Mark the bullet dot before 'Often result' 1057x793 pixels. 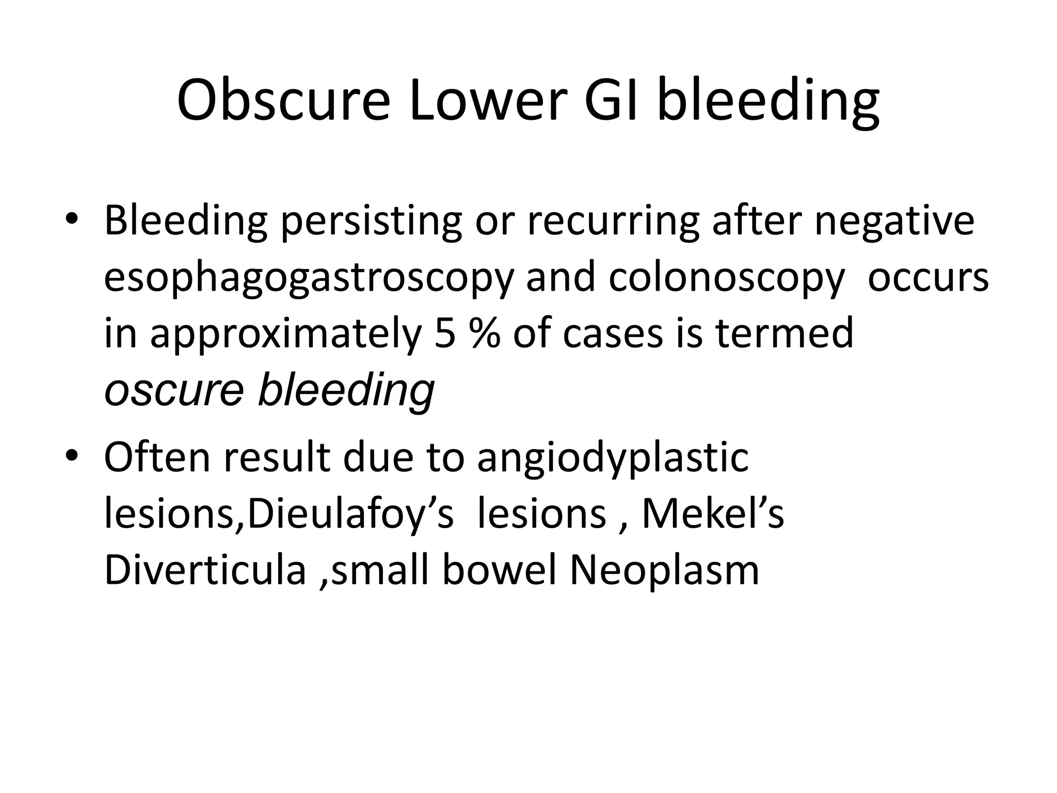tap(72, 455)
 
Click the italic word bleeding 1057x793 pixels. tap(346, 389)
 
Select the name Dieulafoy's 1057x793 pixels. tap(350, 514)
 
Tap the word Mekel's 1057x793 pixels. tap(712, 514)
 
